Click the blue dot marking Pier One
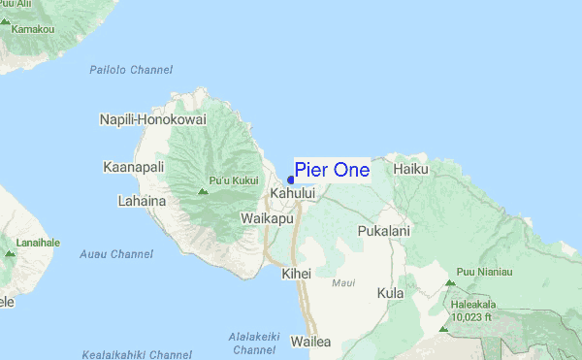[x=291, y=179]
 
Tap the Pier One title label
[x=332, y=170]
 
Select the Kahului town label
[x=294, y=194]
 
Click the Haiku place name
[x=411, y=169]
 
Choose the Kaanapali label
[x=134, y=168]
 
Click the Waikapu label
[x=267, y=219]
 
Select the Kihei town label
[x=296, y=274]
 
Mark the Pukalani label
[x=384, y=232]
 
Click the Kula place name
[x=391, y=292]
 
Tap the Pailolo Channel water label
[x=131, y=70]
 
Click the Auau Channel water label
[x=117, y=254]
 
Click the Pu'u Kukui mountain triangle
[x=202, y=191]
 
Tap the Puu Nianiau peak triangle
[x=449, y=283]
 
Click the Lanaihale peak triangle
[x=10, y=253]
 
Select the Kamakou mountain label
[x=33, y=30]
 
